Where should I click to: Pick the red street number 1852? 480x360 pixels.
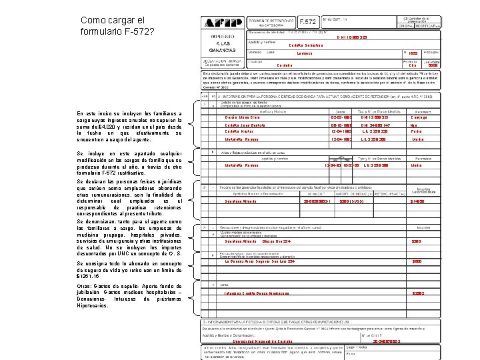click(x=413, y=53)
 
